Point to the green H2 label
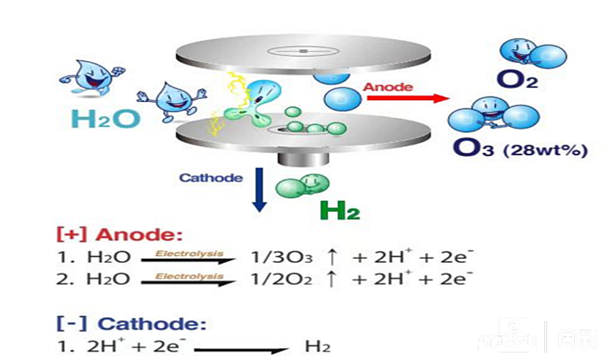point(340,209)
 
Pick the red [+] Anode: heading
point(120,235)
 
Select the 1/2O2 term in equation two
point(281,279)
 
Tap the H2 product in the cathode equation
point(317,346)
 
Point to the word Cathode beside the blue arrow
point(210,177)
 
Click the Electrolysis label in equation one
point(189,253)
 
